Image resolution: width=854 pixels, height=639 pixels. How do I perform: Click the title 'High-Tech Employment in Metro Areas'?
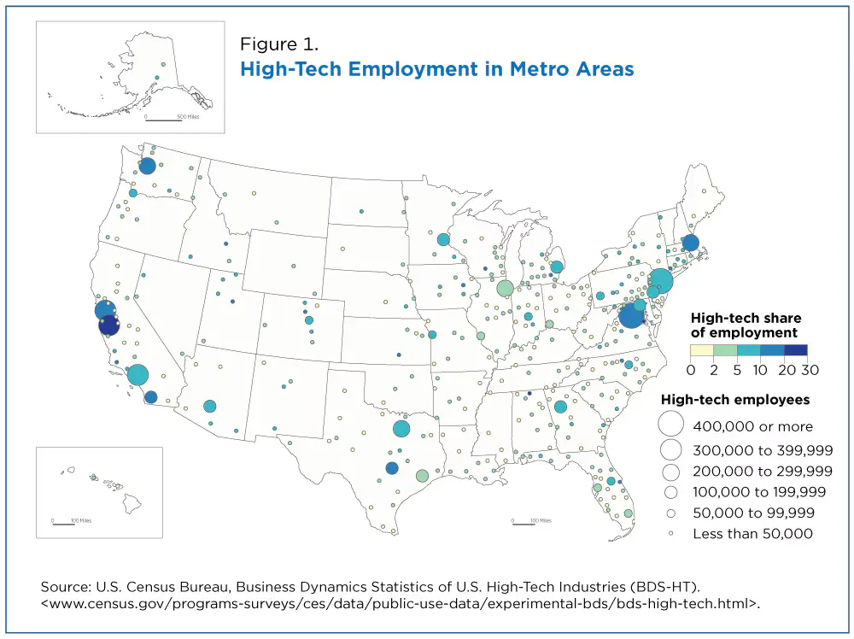(437, 68)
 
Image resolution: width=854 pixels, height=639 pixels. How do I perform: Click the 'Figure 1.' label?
(279, 43)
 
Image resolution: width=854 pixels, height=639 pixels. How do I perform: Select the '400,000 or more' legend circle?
(671, 425)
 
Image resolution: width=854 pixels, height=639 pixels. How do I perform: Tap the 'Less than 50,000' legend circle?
(671, 534)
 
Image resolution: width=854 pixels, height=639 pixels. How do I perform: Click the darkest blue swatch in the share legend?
(796, 350)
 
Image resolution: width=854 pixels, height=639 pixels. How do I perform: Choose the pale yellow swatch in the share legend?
(701, 350)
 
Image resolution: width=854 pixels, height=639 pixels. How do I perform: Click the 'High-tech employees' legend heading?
(735, 399)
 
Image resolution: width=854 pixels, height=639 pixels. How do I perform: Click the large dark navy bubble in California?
(109, 325)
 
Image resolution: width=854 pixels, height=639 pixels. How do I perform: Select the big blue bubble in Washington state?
(147, 166)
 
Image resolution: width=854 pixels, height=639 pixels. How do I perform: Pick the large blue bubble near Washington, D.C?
(630, 316)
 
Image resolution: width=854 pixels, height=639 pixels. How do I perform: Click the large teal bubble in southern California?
(137, 374)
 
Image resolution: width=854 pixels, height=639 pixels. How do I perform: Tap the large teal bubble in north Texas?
(401, 429)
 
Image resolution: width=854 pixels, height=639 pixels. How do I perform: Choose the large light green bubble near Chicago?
(505, 288)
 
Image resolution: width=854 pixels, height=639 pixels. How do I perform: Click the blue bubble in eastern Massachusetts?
(690, 243)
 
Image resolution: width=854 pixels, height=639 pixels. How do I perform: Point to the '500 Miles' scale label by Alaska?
(188, 115)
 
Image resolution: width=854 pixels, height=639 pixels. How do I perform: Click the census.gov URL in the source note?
(401, 604)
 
